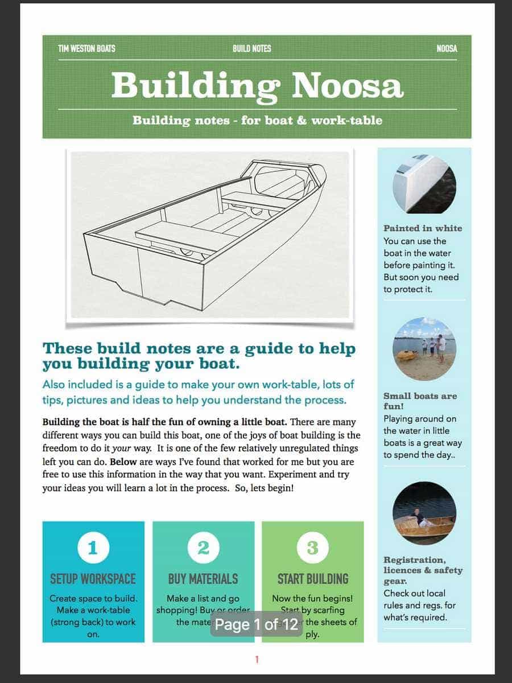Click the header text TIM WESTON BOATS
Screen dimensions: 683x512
coord(86,49)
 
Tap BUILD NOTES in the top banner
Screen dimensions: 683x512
coord(251,49)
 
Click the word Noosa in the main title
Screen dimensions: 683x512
coord(347,85)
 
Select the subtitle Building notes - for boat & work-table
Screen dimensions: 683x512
coord(257,120)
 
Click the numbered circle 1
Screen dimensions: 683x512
coord(93,548)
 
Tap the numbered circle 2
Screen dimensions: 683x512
coord(203,548)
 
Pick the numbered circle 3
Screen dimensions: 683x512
coord(312,548)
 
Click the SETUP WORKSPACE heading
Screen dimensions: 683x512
coord(93,579)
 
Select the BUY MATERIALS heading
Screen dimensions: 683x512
coord(203,579)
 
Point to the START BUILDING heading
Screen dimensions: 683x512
coord(312,579)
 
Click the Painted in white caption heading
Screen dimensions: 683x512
coord(423,228)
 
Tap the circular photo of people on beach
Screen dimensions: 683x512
coord(424,348)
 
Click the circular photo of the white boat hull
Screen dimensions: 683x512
coord(424,182)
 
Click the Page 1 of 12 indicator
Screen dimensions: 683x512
coord(257,625)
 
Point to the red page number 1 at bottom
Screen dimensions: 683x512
coord(257,660)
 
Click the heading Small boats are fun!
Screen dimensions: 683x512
coord(420,401)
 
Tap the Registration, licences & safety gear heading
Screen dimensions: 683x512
coord(423,570)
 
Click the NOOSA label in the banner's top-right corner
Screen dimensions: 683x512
coord(447,49)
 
